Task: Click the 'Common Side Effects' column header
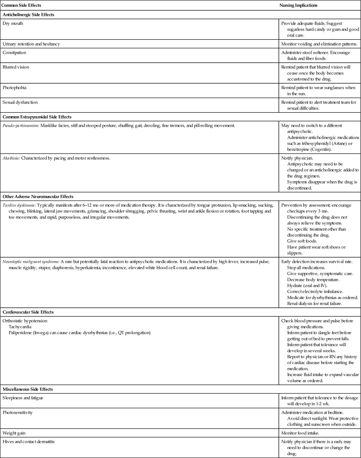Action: click(22, 5)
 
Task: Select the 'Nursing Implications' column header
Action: click(298, 5)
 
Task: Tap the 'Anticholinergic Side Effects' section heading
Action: click(28, 15)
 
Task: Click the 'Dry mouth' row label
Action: click(13, 23)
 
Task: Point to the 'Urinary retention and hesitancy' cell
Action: click(31, 44)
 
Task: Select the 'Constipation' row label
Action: click(14, 53)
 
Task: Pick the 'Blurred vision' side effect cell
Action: click(16, 67)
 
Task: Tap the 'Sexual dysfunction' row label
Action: click(20, 102)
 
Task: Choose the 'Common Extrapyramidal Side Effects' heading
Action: click(37, 117)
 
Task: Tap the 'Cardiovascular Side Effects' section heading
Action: click(28, 312)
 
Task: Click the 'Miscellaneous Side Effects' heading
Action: click(28, 389)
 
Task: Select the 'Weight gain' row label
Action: click(14, 433)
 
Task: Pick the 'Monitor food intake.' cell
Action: click(300, 433)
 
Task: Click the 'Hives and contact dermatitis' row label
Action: click(29, 442)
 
